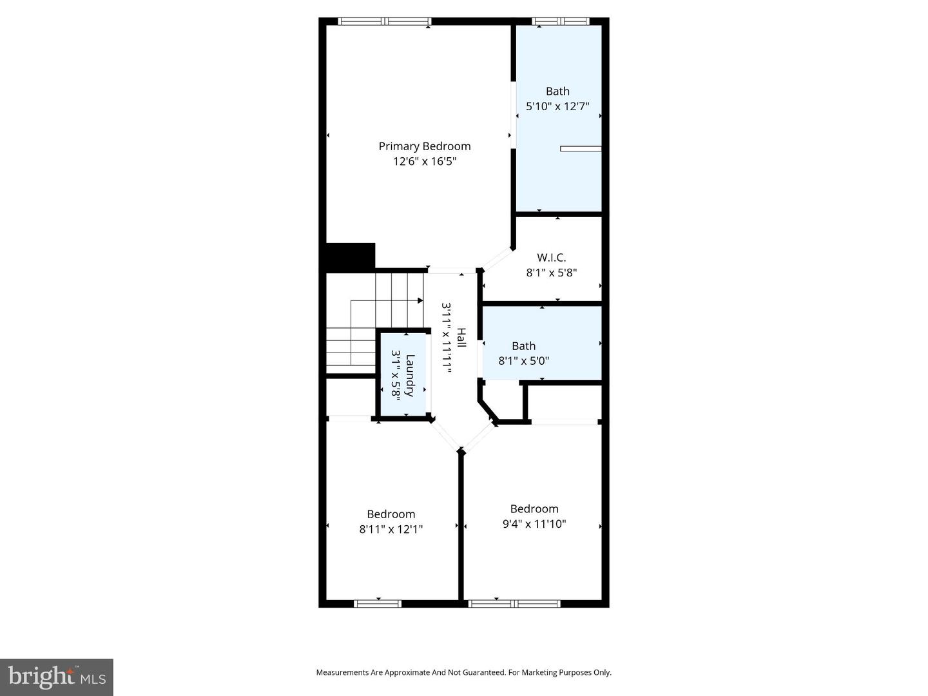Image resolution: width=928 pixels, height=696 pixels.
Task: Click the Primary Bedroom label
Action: point(424,146)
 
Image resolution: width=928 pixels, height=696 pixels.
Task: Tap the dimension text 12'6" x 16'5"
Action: point(425,161)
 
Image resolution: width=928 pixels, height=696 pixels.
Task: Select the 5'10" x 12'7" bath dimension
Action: point(557,106)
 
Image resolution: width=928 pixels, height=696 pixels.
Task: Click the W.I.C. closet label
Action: point(551,257)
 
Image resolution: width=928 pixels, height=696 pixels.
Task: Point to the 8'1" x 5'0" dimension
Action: point(523,361)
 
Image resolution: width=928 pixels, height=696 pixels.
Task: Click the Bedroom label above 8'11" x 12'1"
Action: point(391,514)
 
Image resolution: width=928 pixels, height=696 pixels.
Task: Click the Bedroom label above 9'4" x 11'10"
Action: point(534,508)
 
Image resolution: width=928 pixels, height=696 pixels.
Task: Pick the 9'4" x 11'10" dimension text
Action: point(534,524)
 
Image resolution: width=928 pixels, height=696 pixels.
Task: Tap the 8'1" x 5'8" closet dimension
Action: point(551,273)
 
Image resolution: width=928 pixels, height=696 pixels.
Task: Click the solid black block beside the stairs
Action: point(350,255)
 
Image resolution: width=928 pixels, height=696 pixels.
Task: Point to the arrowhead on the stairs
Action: point(420,300)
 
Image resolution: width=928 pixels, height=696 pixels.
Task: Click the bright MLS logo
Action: point(57,677)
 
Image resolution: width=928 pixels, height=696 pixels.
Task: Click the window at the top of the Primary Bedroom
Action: point(385,21)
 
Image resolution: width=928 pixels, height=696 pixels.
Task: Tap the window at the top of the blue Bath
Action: point(560,21)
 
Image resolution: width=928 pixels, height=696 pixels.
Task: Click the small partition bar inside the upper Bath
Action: point(580,149)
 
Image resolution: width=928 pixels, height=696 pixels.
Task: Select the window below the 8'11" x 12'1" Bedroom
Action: point(378,604)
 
